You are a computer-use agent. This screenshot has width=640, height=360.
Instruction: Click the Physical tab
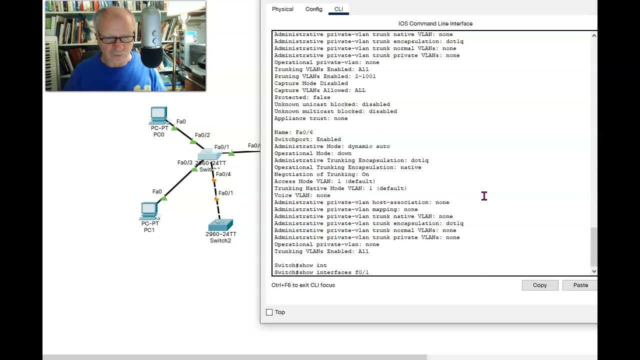(282, 9)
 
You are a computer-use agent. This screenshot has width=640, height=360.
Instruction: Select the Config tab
(313, 9)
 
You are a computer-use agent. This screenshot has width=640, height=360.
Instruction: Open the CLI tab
(338, 9)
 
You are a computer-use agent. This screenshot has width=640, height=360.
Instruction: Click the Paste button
(580, 285)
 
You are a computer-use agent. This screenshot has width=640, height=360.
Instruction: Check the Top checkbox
(269, 312)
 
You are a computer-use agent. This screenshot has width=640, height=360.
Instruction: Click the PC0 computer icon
(158, 116)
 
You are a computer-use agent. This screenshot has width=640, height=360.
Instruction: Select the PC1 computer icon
(149, 211)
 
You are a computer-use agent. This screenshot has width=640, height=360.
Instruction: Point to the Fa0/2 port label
(202, 135)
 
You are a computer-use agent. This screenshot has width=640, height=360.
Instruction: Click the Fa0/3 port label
(184, 162)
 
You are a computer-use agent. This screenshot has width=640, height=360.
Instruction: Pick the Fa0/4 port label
(223, 174)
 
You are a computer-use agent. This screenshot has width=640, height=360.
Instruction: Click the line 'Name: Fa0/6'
(293, 132)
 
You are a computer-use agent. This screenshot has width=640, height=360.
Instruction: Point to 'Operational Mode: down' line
(312, 153)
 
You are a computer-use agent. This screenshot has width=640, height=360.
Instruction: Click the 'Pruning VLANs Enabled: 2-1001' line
(324, 76)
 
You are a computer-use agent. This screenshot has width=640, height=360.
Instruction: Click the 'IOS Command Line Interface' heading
(435, 23)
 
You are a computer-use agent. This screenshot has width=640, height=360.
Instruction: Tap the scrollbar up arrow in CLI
(593, 35)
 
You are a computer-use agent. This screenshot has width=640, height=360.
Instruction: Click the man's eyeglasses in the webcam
(116, 38)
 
